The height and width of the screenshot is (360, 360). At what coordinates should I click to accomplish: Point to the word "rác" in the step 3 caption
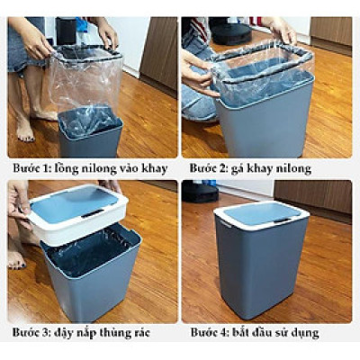[x=139, y=333]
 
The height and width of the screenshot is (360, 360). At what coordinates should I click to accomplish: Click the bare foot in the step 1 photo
[x=24, y=129]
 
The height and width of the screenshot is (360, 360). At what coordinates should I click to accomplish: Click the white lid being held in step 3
[x=78, y=213]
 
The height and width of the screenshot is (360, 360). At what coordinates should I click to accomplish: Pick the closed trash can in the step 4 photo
[x=262, y=258]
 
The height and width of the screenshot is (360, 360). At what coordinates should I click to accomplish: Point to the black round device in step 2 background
[x=231, y=33]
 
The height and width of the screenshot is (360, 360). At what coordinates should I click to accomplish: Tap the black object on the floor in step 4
[x=201, y=191]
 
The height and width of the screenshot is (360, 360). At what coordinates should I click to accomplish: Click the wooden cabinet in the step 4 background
[x=312, y=196]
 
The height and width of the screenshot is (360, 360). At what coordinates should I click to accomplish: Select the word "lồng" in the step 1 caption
[x=65, y=168]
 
